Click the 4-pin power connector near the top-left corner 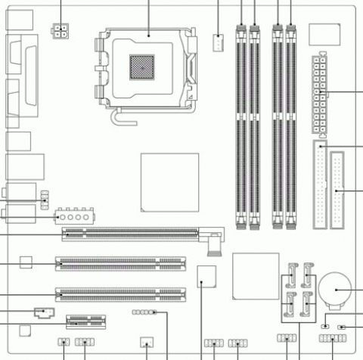click(x=61, y=31)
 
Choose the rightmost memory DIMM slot click(x=291, y=125)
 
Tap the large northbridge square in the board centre click(x=169, y=182)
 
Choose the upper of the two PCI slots click(x=119, y=265)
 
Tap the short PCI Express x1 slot click(x=85, y=321)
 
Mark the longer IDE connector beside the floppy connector click(x=320, y=185)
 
